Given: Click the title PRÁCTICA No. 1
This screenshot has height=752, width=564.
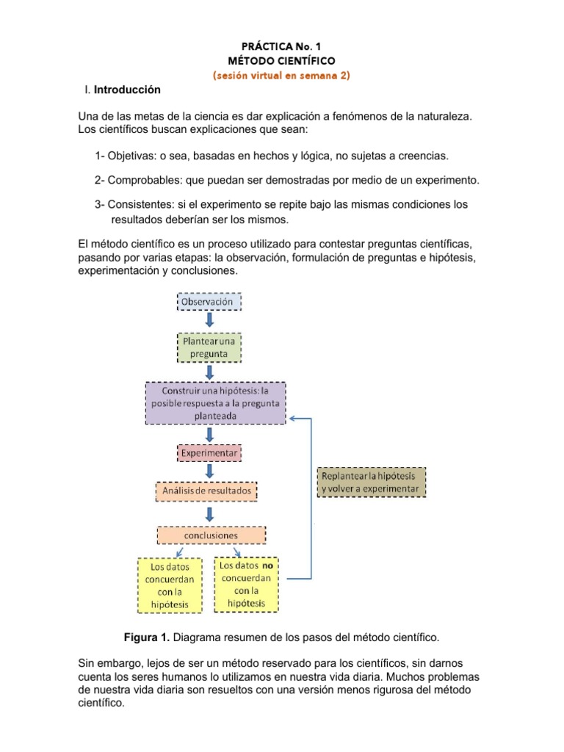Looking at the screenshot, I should point(282,46).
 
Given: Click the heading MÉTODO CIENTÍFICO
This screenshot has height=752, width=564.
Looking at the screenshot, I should point(282,61).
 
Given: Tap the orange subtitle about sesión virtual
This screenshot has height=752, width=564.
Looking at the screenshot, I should point(282,76).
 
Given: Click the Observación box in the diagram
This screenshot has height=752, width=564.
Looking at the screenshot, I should point(209,302).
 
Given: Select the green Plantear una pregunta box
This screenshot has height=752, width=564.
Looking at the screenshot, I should point(209,348).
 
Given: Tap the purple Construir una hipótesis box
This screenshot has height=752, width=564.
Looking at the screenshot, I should point(215,403).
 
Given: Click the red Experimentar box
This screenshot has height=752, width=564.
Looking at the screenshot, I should point(209,453).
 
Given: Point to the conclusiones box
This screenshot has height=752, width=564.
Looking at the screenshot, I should point(211,535).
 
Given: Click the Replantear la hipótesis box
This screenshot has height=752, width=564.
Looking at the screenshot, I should point(371,482).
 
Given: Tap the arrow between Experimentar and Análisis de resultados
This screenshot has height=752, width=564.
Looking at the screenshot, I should point(210,471).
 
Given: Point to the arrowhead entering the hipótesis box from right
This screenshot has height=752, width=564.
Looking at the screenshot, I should point(292,419).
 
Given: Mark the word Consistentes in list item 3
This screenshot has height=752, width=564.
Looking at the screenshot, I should point(140,204).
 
